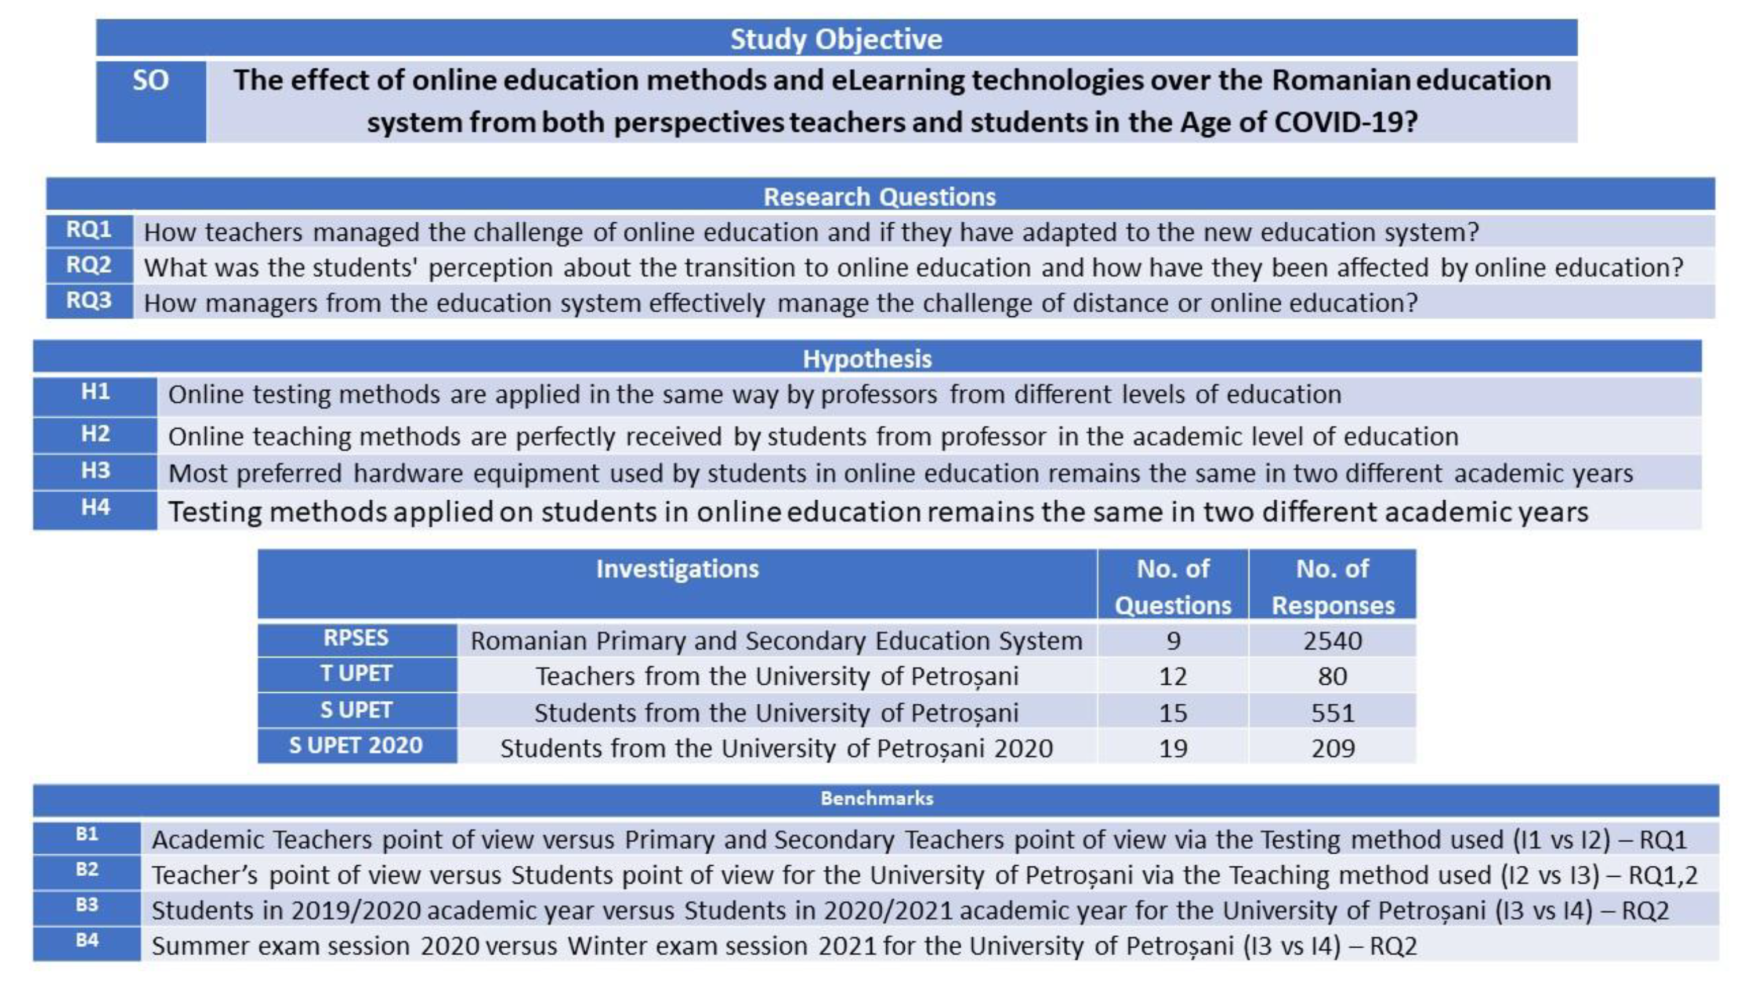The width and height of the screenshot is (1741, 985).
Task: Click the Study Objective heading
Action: pyautogui.click(x=836, y=39)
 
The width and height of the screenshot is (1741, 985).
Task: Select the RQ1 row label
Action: pyautogui.click(x=89, y=230)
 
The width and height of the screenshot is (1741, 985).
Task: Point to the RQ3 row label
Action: pyautogui.click(x=89, y=300)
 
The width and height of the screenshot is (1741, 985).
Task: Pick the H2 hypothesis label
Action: pyautogui.click(x=95, y=434)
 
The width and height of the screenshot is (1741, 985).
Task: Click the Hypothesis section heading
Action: pyautogui.click(x=867, y=359)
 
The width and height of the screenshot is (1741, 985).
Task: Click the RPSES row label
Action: pyautogui.click(x=356, y=638)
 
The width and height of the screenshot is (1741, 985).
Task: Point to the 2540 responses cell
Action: pyautogui.click(x=1332, y=641)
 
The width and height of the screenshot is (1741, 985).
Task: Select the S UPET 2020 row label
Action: pyautogui.click(x=356, y=745)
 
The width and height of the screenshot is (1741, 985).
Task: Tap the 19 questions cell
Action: pyautogui.click(x=1173, y=748)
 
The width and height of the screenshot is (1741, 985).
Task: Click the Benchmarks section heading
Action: pyautogui.click(x=877, y=798)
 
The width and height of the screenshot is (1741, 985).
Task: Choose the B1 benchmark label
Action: pyautogui.click(x=87, y=834)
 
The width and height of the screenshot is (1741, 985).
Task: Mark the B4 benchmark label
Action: pyautogui.click(x=87, y=940)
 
